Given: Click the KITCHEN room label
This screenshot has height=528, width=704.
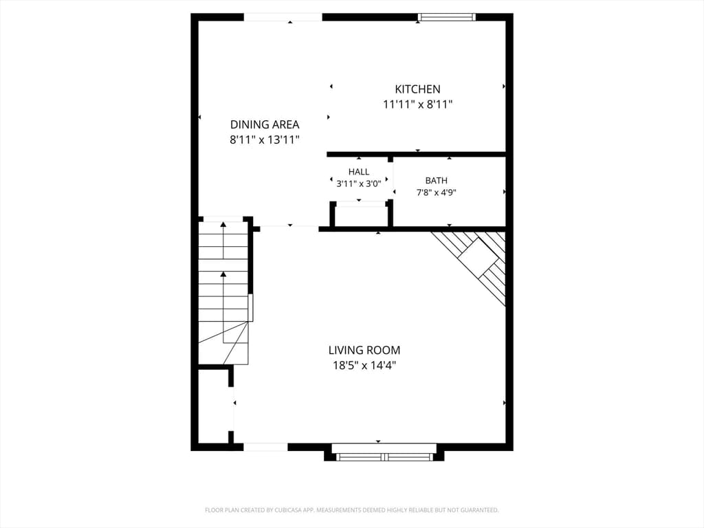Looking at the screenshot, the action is click(x=417, y=89).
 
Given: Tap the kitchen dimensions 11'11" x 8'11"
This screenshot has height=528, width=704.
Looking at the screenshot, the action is click(x=417, y=104).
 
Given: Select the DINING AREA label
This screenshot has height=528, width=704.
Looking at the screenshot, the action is click(x=265, y=124).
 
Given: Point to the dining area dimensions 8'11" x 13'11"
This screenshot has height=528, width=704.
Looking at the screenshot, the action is click(x=265, y=140).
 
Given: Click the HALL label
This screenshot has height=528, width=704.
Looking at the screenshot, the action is click(x=359, y=171).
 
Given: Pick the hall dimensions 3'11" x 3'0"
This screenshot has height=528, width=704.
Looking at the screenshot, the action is click(x=359, y=183).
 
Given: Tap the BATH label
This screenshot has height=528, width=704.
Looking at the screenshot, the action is click(x=437, y=181).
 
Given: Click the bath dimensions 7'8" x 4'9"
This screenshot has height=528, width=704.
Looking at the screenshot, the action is click(x=437, y=192).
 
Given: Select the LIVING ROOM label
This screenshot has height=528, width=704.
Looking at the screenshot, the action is click(x=364, y=350).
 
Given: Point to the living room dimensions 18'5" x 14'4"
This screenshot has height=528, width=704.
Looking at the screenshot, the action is click(x=364, y=366).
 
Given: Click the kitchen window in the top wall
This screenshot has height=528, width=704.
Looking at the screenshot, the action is click(x=446, y=17).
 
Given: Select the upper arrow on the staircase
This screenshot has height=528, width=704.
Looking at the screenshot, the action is click(x=223, y=240).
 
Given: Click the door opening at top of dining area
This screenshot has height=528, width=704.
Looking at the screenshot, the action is click(x=283, y=17).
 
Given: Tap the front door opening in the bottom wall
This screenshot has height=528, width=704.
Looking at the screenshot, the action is click(x=265, y=447).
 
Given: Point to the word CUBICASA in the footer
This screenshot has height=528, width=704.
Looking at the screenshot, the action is click(x=292, y=510).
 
